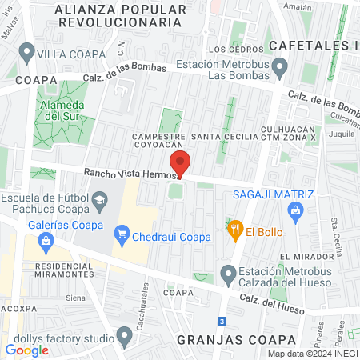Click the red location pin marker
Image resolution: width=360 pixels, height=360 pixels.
pos(180,163)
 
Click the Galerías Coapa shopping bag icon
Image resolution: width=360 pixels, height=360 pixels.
pos(45,239)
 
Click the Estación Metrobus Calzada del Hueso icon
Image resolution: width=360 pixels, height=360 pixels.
pos(228,274)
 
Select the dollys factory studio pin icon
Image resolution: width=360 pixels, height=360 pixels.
pos(124,335)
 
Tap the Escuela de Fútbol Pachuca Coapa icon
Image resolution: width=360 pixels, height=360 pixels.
pos(100,199)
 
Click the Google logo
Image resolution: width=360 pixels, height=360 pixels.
pos(27,350)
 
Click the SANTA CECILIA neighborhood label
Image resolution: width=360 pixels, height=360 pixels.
pos(229,137)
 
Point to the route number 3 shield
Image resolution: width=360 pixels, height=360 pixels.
pos(222,321)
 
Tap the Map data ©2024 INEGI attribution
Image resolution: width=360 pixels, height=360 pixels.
pos(312,353)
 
